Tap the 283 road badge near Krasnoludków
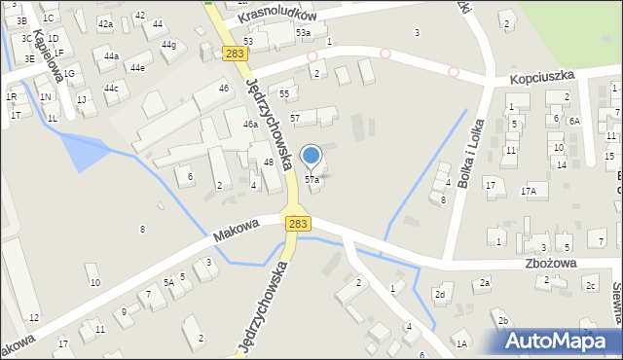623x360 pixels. (x=233, y=54)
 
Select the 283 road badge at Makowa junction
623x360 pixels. (x=298, y=224)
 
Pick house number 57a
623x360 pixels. (x=311, y=180)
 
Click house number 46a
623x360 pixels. (x=250, y=125)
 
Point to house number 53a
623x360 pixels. (x=304, y=33)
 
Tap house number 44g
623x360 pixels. (x=168, y=45)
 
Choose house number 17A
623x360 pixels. (x=528, y=192)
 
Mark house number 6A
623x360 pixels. (x=574, y=121)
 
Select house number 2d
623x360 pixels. (x=440, y=294)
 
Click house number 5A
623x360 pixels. (x=167, y=282)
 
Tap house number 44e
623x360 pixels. (x=137, y=67)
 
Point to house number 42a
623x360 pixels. (x=105, y=23)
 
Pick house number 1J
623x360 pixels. (x=82, y=99)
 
